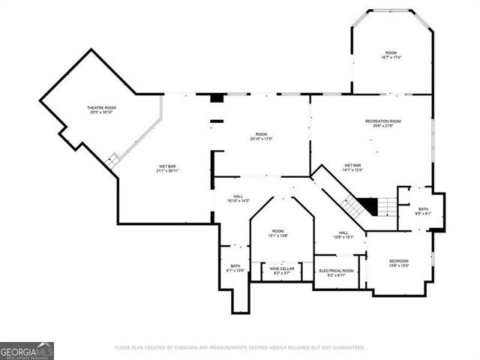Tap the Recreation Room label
pos(382,121)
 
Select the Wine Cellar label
pos(282,268)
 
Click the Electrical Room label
pos(336,270)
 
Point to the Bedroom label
pos(398,260)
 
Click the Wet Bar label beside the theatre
pos(166,166)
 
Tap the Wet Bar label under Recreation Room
pos(352,165)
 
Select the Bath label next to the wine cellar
pos(235,265)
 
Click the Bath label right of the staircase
pos(423,209)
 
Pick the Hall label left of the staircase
pos(238,196)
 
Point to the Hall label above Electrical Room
pos(343,232)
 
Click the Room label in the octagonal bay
pos(391,52)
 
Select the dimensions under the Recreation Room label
pos(382,126)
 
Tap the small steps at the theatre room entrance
pos(112,160)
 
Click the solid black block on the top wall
pos(217,98)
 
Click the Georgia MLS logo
pos(27,351)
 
